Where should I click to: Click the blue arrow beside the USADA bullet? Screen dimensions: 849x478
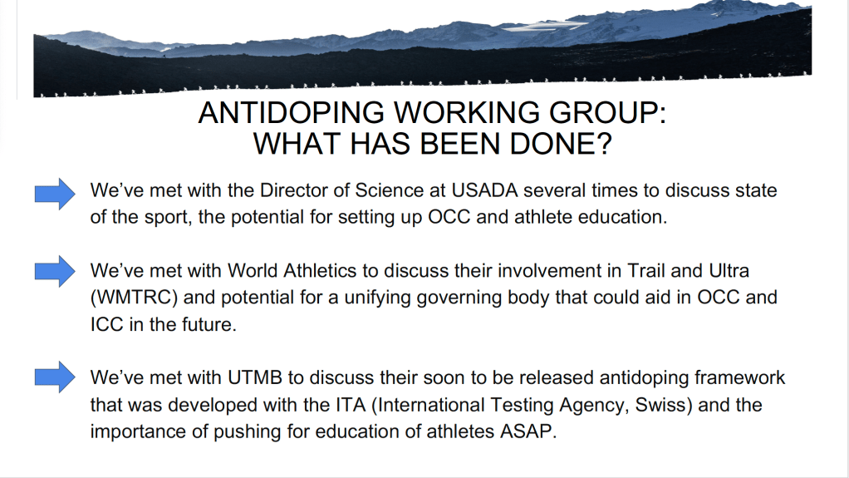[x=55, y=194]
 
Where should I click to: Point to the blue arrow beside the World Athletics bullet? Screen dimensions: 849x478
[x=55, y=271]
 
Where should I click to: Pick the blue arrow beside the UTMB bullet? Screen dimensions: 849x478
[x=55, y=377]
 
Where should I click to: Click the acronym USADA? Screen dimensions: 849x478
[x=484, y=190]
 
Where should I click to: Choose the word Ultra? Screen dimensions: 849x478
[x=729, y=270]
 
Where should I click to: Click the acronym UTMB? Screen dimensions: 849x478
[x=255, y=377]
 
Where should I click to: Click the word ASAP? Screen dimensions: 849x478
[x=528, y=431]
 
